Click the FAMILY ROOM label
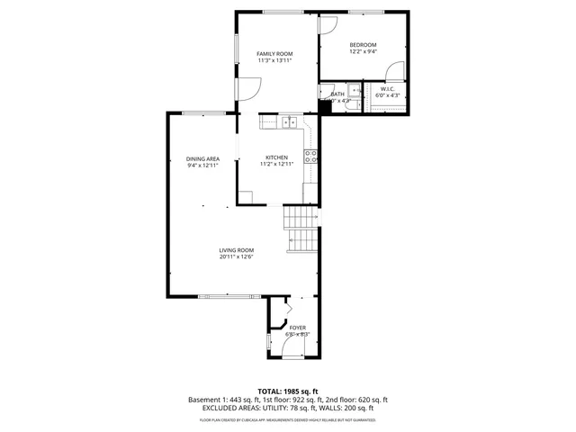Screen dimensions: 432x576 point(274,54)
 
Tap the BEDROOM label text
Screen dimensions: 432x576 point(363,45)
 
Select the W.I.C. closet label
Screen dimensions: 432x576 point(387,88)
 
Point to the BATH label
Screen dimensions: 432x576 point(337,94)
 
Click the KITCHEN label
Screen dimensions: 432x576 point(275,157)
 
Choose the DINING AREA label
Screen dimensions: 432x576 point(202,158)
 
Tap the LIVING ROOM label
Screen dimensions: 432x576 point(236,250)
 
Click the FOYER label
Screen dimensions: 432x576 point(297,328)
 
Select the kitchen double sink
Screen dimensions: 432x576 point(289,122)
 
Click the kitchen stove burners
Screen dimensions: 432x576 point(311,157)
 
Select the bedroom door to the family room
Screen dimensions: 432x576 point(328,26)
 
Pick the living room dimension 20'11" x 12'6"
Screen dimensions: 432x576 point(236,257)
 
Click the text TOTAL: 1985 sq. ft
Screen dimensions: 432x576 point(288,391)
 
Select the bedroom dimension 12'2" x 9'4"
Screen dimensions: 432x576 point(363,52)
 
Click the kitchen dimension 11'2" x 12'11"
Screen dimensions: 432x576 point(275,165)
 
